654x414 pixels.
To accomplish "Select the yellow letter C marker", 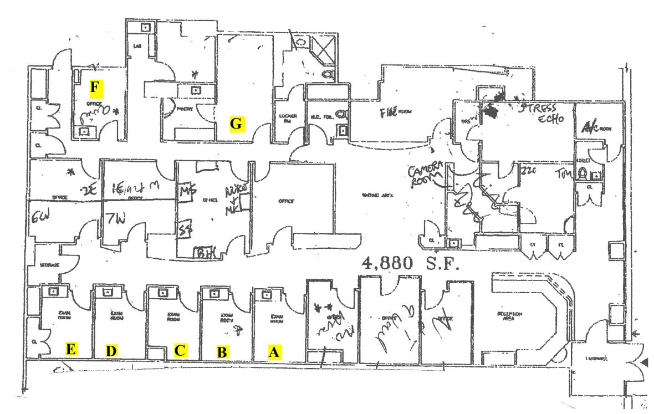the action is tap(180, 350).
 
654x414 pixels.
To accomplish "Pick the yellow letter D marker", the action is tap(112, 350).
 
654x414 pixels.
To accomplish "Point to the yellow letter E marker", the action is tap(71, 349).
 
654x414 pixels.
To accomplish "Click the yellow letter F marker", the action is tap(97, 87).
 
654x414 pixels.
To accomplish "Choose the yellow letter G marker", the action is tap(237, 124).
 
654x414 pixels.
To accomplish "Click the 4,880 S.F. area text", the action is tap(411, 264).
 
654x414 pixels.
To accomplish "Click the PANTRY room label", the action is tap(185, 109).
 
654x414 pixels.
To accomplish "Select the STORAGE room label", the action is tap(49, 265).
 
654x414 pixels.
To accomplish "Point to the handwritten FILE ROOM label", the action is tap(397, 113).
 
